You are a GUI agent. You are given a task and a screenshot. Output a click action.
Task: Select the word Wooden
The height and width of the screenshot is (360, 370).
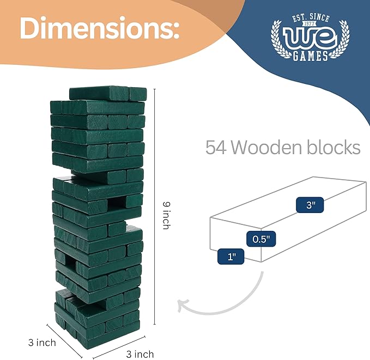coord(269,147)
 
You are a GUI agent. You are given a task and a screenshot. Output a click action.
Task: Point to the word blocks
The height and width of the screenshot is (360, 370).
coord(334,147)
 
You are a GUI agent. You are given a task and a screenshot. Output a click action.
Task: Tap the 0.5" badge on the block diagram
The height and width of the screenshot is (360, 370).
coord(261,239)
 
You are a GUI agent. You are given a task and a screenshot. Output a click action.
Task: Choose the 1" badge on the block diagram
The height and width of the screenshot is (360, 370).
coord(231,256)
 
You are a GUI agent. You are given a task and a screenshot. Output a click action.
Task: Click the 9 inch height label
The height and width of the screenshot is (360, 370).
coord(167,215)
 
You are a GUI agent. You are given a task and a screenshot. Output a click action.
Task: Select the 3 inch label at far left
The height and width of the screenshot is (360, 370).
coord(42,343)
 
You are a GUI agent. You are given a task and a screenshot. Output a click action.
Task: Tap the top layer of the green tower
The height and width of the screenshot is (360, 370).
coord(108,93)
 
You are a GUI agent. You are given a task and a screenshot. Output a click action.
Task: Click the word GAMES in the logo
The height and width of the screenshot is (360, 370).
coord(309,56)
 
